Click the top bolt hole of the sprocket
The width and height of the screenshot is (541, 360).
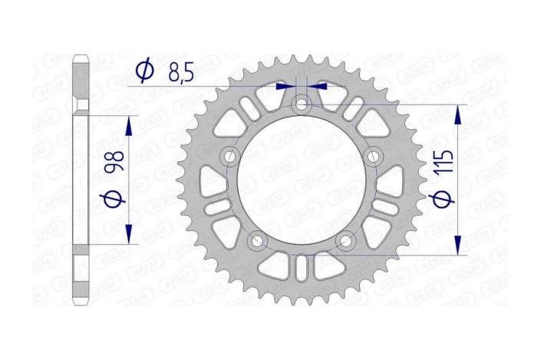coord(302,103)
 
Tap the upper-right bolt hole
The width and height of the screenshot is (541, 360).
coord(374,157)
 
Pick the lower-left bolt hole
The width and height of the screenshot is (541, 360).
coord(257,242)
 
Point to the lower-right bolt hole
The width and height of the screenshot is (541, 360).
coord(346,242)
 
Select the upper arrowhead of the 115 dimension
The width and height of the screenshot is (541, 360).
coord(458,114)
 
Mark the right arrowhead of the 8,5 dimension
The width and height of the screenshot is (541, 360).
coord(316,87)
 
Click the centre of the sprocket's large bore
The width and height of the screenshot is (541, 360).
coord(302,180)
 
